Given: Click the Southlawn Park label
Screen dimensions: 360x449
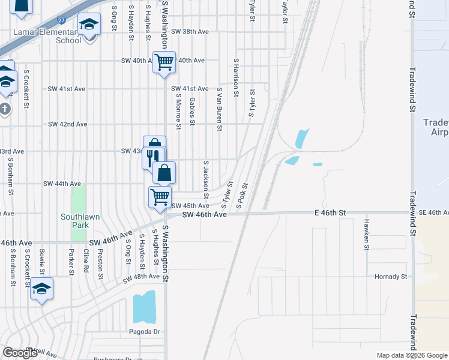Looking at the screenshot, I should tap(74, 221).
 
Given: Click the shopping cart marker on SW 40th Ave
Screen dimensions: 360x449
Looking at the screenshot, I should tap(164, 62).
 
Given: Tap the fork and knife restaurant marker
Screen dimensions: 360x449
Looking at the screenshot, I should tap(152, 157).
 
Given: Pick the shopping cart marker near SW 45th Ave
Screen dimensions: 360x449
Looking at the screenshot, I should tap(160, 197).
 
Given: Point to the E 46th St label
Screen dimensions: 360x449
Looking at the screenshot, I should tap(330, 213).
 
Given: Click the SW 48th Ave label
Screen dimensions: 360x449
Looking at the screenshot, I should tap(141, 278).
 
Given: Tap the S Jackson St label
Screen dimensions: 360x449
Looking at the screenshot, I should tap(206, 179).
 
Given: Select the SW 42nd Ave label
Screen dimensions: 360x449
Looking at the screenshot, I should tap(68, 124).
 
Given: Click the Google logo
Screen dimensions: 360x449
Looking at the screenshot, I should tap(20, 353).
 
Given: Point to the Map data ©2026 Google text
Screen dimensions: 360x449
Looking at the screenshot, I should tap(411, 355).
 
